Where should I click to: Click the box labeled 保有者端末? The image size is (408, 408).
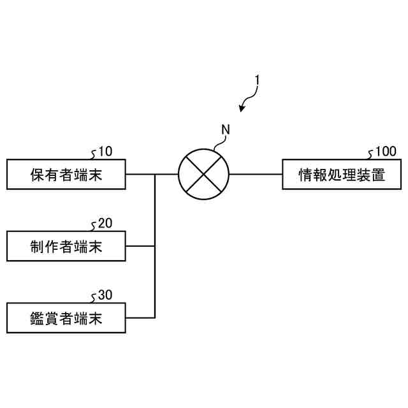point(66,174)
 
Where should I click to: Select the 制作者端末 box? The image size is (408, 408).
point(66,246)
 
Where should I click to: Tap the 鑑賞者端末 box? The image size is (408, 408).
point(66,318)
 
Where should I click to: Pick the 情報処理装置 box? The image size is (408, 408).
point(342,174)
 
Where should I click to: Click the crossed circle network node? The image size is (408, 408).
point(203,174)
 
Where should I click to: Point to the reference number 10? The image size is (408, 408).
point(105,152)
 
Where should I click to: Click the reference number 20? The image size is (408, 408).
point(105,224)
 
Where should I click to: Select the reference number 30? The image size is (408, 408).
point(105,296)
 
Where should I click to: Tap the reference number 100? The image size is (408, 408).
point(385,152)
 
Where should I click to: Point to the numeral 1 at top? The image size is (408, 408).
point(257,80)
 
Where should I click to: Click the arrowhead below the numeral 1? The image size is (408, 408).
point(242,108)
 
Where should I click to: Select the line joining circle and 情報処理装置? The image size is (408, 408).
point(255,174)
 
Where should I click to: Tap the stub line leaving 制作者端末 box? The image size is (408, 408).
point(140,246)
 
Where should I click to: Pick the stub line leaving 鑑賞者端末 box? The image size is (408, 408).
point(140,318)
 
